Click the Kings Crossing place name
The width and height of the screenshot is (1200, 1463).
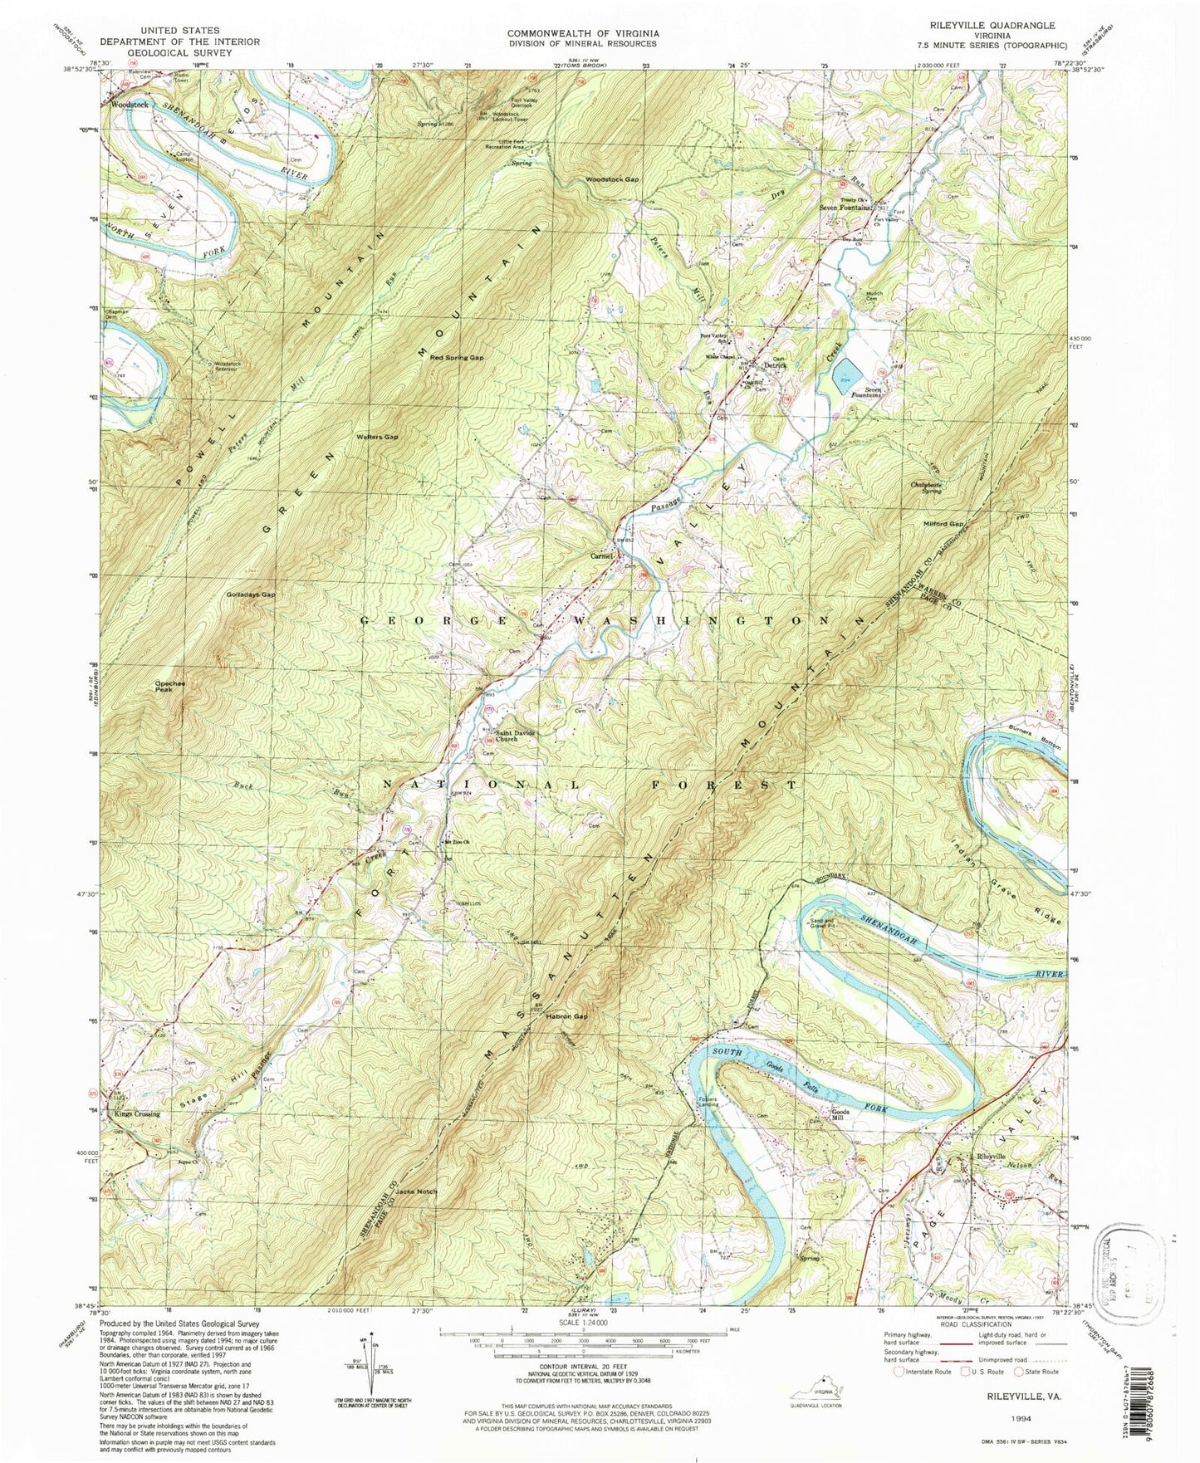tap(138, 1114)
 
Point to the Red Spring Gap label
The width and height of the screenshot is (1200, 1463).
tap(456, 357)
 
